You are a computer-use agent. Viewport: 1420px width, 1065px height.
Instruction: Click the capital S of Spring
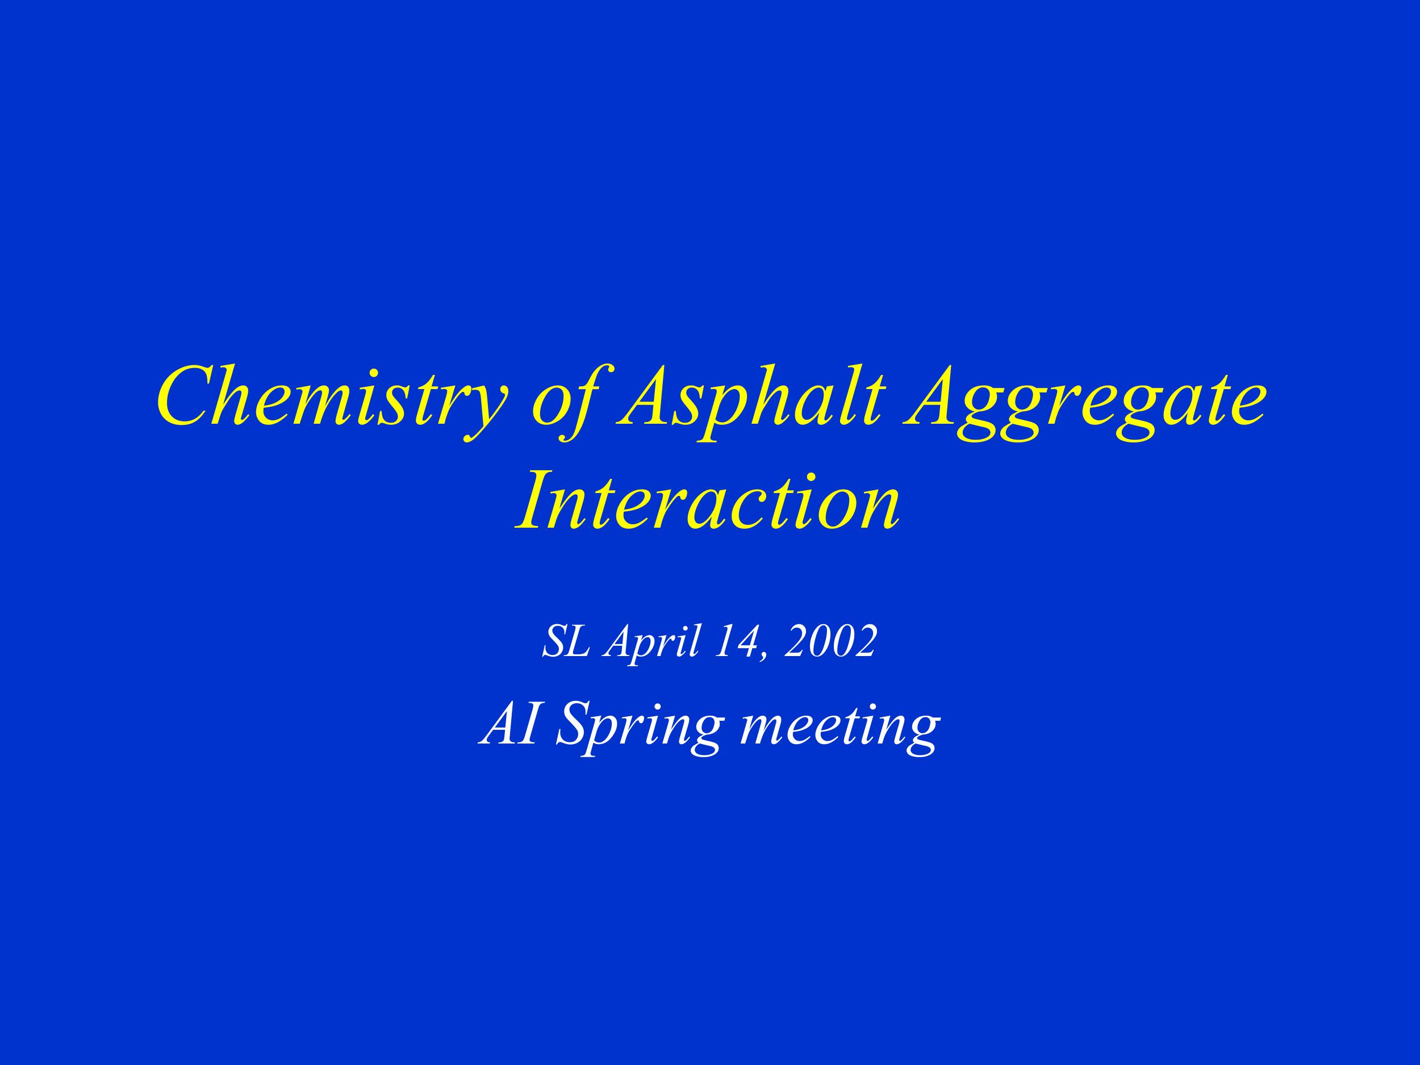[575, 725]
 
